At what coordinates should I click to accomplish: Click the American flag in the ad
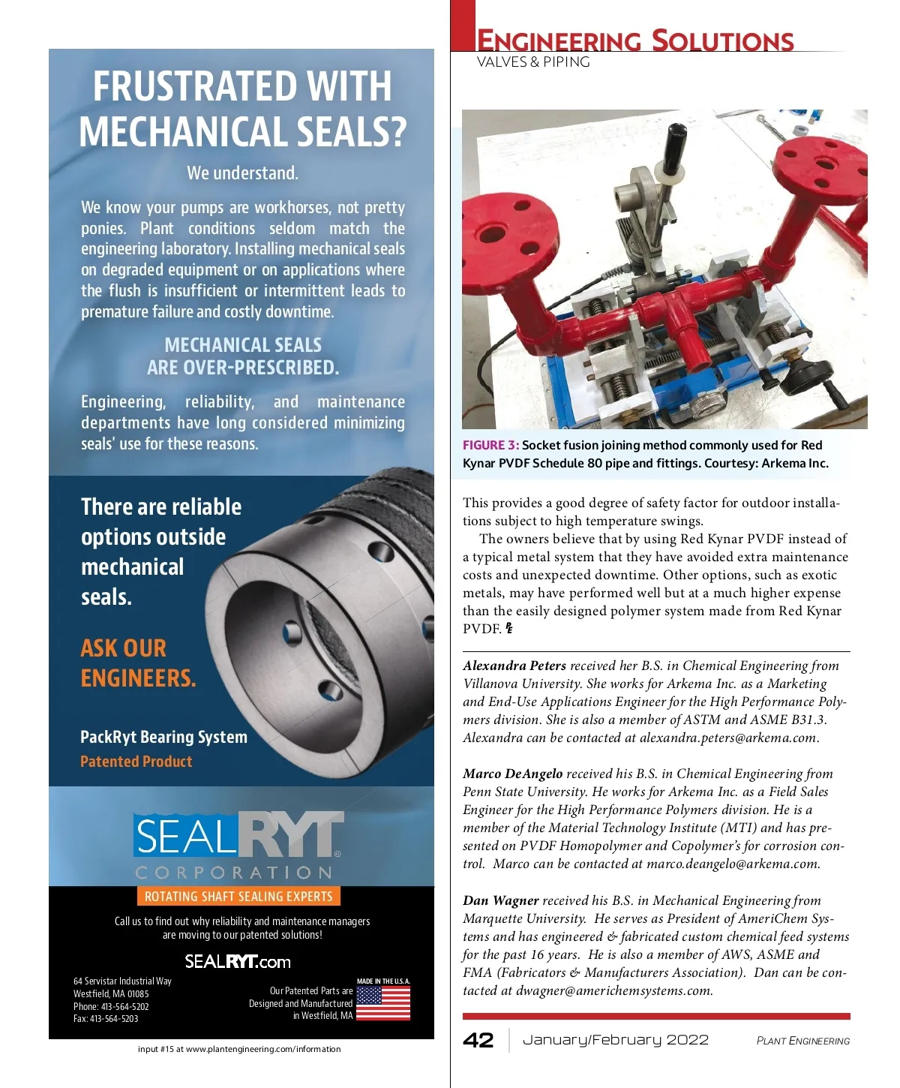tap(383, 1003)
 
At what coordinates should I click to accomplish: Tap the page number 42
tap(478, 1040)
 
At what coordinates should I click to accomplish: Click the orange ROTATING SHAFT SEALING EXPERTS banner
tap(238, 896)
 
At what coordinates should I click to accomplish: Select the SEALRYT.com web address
tap(238, 962)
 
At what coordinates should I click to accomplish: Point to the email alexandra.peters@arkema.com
tap(727, 738)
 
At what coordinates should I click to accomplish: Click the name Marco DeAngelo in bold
tap(512, 774)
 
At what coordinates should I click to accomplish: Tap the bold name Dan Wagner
tap(500, 900)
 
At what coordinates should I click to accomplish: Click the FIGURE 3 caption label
tap(490, 445)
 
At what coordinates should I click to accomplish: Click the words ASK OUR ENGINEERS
tap(138, 663)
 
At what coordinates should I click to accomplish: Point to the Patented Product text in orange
tap(136, 762)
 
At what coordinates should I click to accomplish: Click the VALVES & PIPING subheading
tap(533, 62)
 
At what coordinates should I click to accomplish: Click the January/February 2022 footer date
tap(615, 1040)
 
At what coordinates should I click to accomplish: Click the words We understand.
tap(242, 173)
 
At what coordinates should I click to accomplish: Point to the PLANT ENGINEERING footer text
tap(803, 1041)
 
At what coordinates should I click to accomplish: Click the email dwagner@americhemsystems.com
tap(613, 990)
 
